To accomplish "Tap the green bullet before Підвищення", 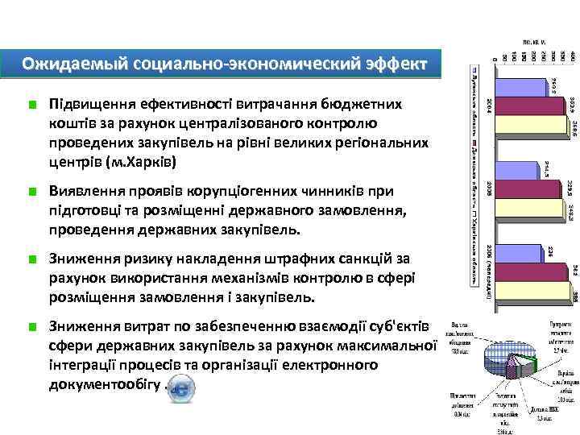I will [x=31, y=105].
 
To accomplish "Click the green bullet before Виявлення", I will [x=31, y=192].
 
